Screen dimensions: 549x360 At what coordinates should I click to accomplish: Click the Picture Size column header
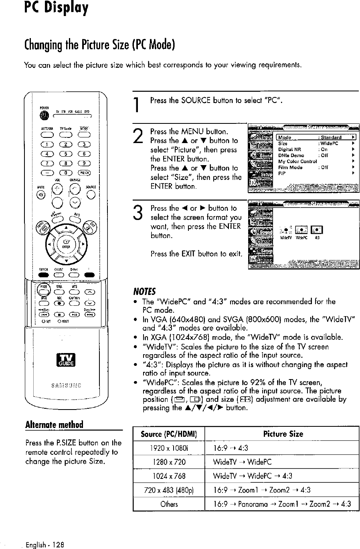[283, 434]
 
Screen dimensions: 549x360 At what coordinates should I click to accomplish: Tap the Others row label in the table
[169, 503]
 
